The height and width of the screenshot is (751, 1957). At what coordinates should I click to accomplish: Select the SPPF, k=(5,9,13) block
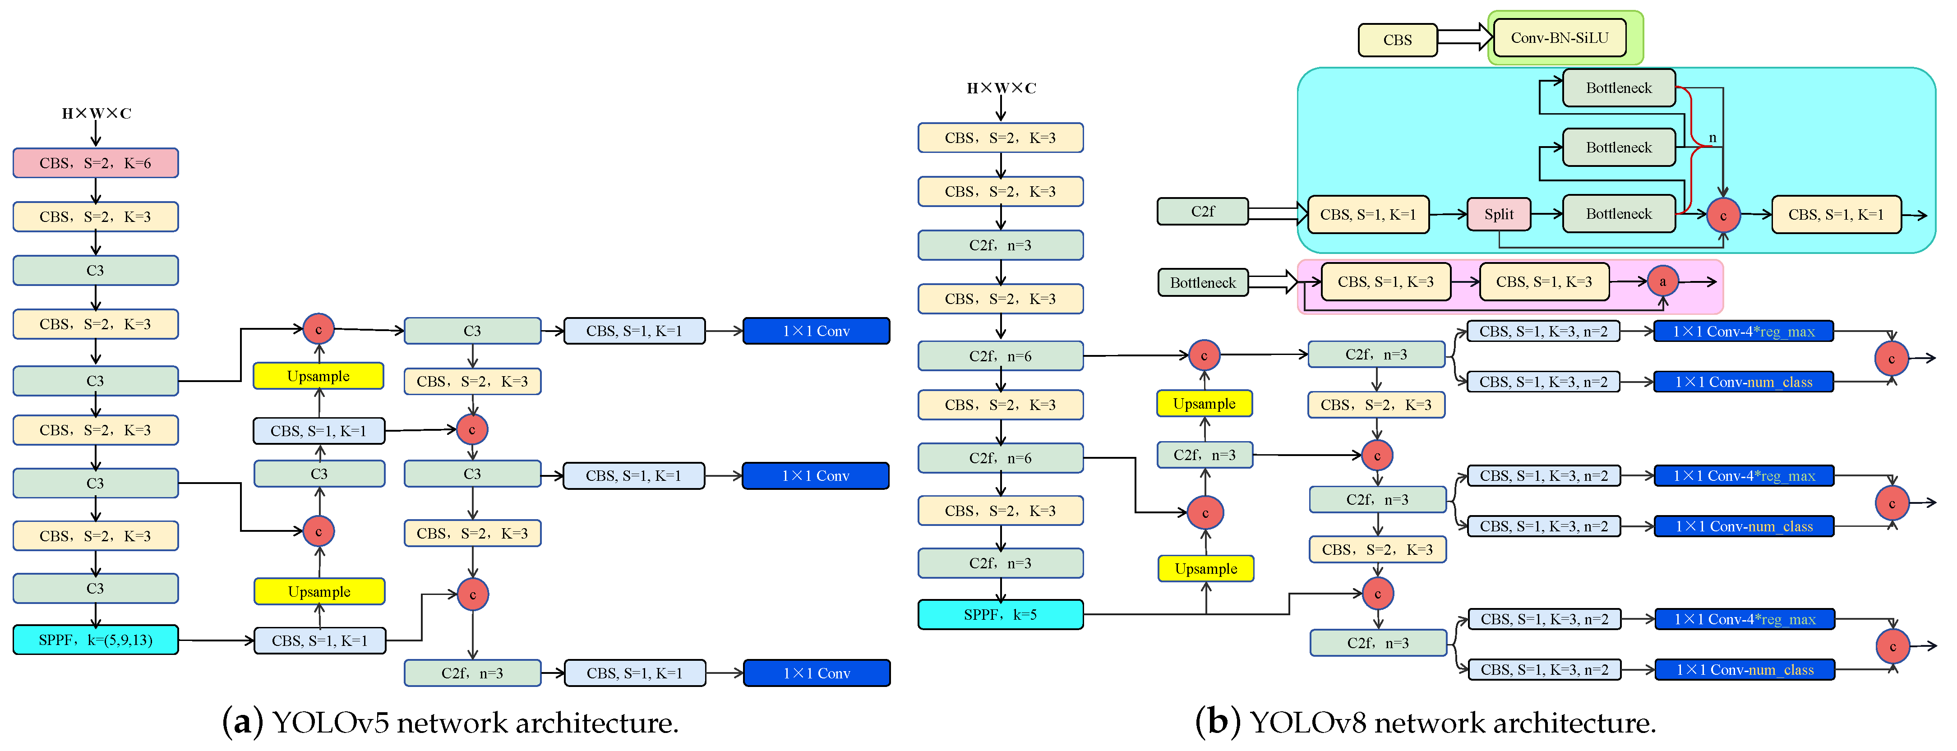95,640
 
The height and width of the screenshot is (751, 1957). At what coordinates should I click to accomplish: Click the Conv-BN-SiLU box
1559,38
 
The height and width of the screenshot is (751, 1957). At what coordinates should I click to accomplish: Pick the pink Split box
1498,214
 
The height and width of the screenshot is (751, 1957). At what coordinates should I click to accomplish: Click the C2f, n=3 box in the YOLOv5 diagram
472,673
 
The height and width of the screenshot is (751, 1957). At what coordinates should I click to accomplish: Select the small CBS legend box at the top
1397,40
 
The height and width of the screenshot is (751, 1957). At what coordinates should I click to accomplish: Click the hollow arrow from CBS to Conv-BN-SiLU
1465,37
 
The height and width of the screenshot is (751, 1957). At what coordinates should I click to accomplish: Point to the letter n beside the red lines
1712,138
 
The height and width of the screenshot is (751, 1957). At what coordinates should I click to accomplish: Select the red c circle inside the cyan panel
1723,216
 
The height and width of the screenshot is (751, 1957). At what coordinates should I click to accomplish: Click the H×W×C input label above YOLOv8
1001,88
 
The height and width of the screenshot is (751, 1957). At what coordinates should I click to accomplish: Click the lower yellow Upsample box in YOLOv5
319,591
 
